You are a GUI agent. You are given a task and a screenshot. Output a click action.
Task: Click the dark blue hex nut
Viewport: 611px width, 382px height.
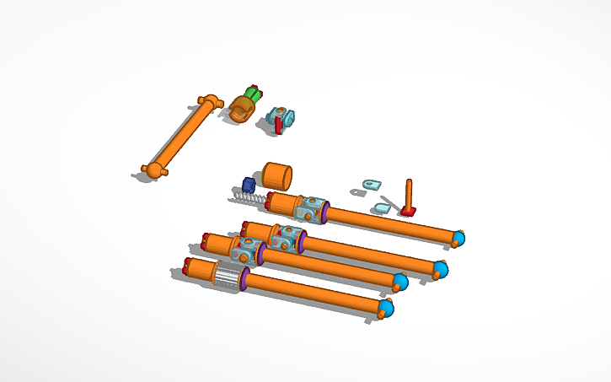click(249, 185)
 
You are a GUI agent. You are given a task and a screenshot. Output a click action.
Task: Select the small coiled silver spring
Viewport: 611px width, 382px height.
click(246, 199)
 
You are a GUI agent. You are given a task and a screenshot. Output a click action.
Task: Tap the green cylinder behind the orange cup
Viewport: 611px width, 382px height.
click(252, 93)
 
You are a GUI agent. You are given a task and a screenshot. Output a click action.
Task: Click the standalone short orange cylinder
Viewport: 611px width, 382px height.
click(276, 176)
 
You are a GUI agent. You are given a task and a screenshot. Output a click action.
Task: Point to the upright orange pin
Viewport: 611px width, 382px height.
click(409, 193)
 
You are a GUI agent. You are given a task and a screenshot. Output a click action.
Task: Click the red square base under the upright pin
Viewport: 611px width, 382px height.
click(408, 211)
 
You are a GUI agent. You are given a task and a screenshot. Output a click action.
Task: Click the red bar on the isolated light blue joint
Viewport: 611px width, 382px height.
click(278, 125)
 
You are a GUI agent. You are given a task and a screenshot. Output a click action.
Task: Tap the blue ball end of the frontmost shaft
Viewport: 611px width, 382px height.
click(386, 307)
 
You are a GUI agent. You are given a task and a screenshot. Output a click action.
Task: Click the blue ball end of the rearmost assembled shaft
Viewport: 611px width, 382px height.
click(458, 238)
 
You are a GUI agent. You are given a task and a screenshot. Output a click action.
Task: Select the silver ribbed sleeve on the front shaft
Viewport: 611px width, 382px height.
click(227, 276)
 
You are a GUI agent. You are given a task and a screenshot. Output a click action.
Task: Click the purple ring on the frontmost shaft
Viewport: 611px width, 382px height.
click(244, 280)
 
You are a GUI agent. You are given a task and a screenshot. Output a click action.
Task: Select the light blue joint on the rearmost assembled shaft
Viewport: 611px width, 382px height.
click(313, 209)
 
